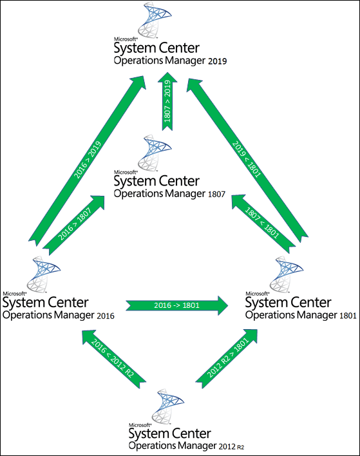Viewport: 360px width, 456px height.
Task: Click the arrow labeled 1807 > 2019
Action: point(167,101)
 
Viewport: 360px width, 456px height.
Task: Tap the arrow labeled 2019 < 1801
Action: point(247,160)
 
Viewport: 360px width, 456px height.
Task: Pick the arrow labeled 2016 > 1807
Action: point(74,225)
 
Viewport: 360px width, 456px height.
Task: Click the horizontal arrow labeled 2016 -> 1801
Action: point(177,305)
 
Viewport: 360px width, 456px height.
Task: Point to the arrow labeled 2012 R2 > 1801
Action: point(227,358)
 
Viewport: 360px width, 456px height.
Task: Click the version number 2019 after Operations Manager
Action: point(218,61)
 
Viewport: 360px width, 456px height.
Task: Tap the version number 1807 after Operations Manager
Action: point(216,195)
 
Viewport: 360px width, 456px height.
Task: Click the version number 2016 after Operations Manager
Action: point(106,316)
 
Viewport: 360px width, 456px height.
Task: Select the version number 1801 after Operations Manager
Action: point(348,316)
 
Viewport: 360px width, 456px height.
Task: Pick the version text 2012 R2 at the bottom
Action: point(231,446)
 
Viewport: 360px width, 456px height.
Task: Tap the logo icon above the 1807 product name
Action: point(155,153)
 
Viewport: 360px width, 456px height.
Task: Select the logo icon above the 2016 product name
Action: point(43,274)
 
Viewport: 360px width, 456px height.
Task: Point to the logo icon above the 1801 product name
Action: point(286,274)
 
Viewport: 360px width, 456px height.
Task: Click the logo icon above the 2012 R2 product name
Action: point(167,406)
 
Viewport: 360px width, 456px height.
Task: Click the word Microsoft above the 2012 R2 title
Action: point(140,425)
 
